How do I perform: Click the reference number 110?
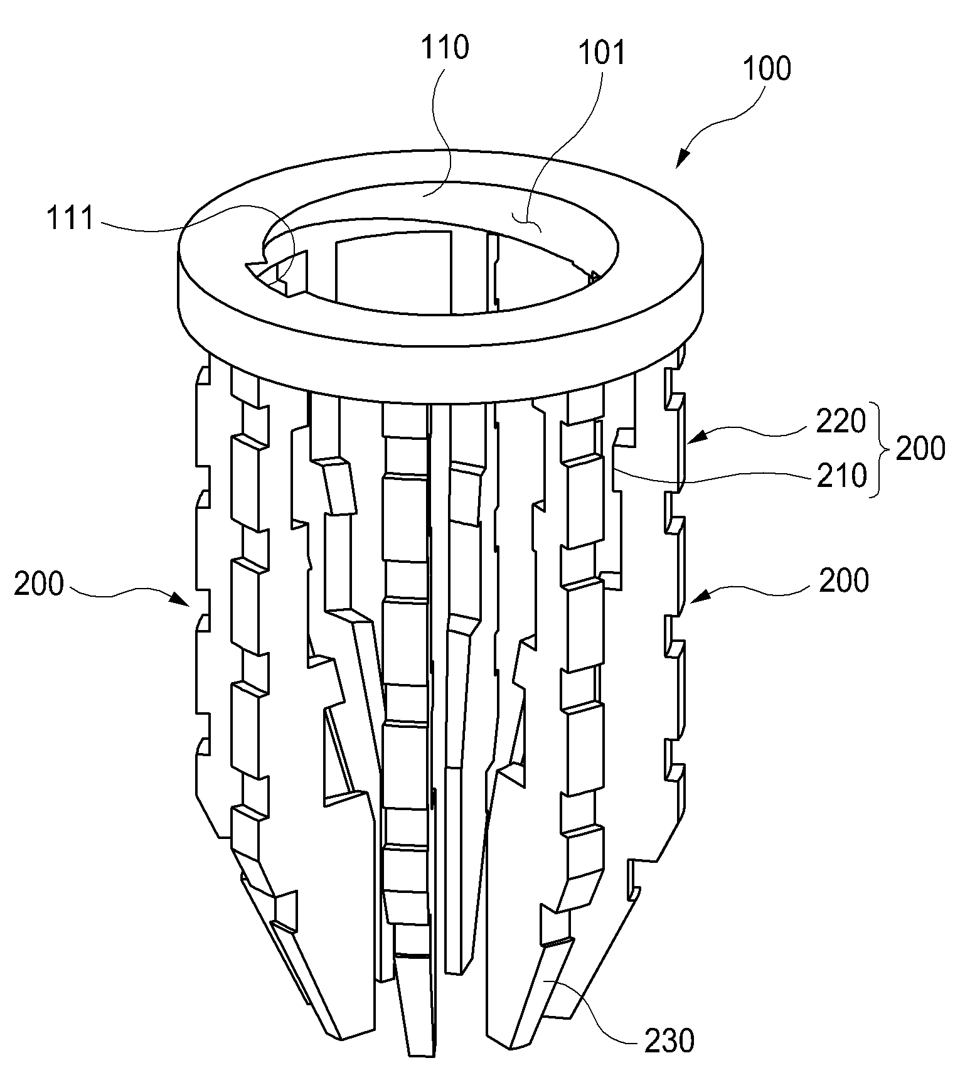click(445, 47)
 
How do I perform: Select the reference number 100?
click(767, 68)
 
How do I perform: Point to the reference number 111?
click(70, 219)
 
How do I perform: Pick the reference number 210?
click(841, 477)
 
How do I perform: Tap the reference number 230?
click(669, 1041)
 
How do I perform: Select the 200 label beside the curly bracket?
click(920, 449)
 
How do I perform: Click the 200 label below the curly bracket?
click(844, 581)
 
